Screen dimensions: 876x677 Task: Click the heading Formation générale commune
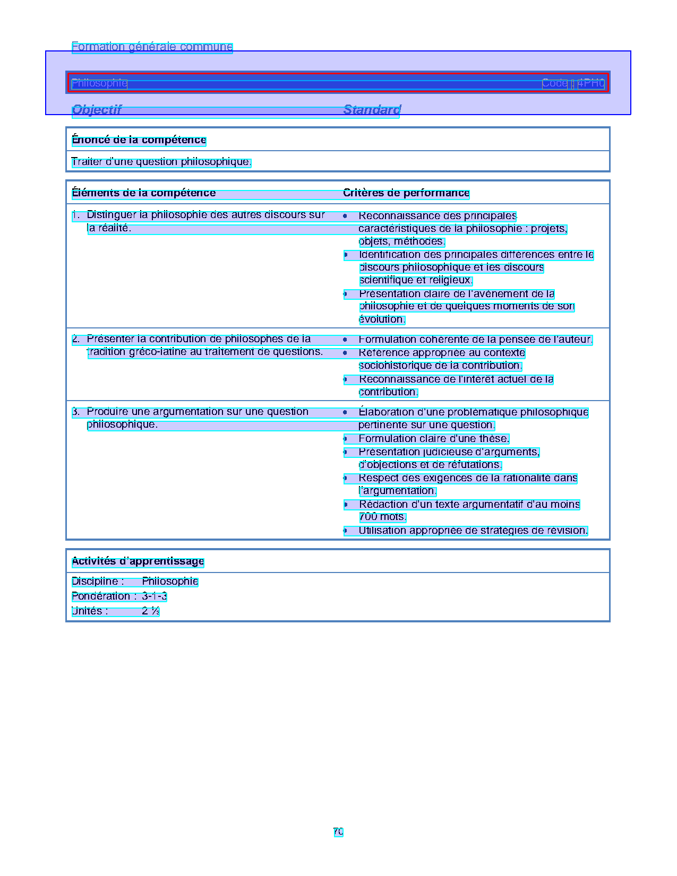(152, 47)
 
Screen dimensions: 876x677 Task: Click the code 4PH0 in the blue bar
(591, 83)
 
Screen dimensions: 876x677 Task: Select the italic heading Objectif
(97, 110)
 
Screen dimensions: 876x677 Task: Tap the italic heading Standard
(372, 110)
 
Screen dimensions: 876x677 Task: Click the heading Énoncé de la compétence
(139, 140)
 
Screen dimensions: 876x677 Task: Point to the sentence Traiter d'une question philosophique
(161, 162)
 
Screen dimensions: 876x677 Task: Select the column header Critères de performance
(406, 193)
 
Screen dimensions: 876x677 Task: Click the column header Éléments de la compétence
(143, 193)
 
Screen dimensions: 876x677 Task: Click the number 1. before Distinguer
(75, 215)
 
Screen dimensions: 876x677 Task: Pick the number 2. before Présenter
(75, 339)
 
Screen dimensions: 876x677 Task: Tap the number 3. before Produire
(75, 412)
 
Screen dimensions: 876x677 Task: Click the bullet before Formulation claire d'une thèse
(345, 439)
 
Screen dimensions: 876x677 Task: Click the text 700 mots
(382, 517)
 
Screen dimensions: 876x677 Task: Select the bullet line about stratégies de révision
(473, 531)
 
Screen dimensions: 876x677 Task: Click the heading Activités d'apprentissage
(138, 561)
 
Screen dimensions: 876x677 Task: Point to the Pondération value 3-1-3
(154, 596)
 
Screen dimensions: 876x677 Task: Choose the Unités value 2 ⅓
(150, 611)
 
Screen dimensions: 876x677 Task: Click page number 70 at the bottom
(338, 832)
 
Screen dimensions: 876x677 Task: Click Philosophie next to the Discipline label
(170, 582)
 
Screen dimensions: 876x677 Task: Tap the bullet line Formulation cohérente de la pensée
(475, 340)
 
